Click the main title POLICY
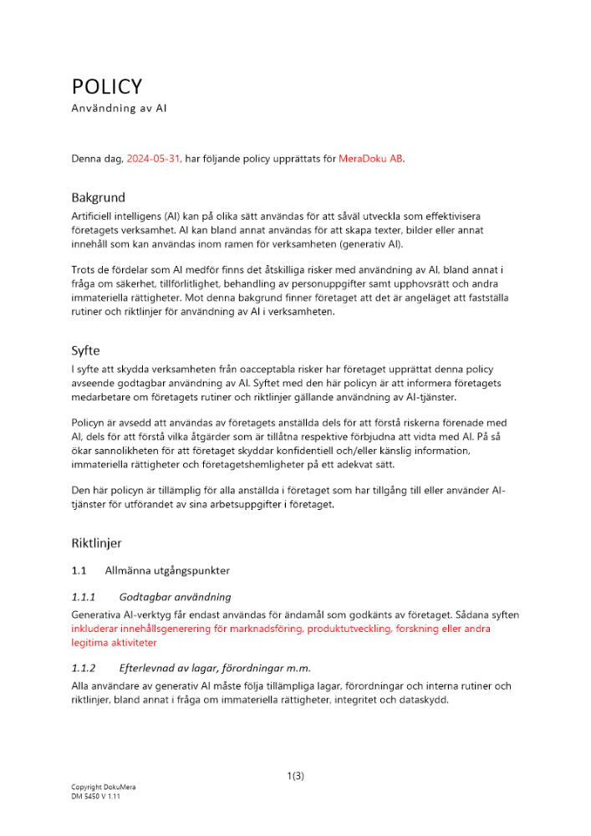pyautogui.click(x=106, y=87)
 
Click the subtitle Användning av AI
pyautogui.click(x=120, y=109)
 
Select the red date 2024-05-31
pyautogui.click(x=153, y=158)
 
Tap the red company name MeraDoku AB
pyautogui.click(x=371, y=158)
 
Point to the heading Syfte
pyautogui.click(x=85, y=351)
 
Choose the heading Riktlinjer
pyautogui.click(x=96, y=543)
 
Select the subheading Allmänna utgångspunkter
pyautogui.click(x=167, y=571)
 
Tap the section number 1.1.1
pyautogui.click(x=84, y=597)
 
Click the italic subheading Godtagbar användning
pyautogui.click(x=175, y=597)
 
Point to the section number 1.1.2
pyautogui.click(x=84, y=668)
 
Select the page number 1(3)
pyautogui.click(x=295, y=776)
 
